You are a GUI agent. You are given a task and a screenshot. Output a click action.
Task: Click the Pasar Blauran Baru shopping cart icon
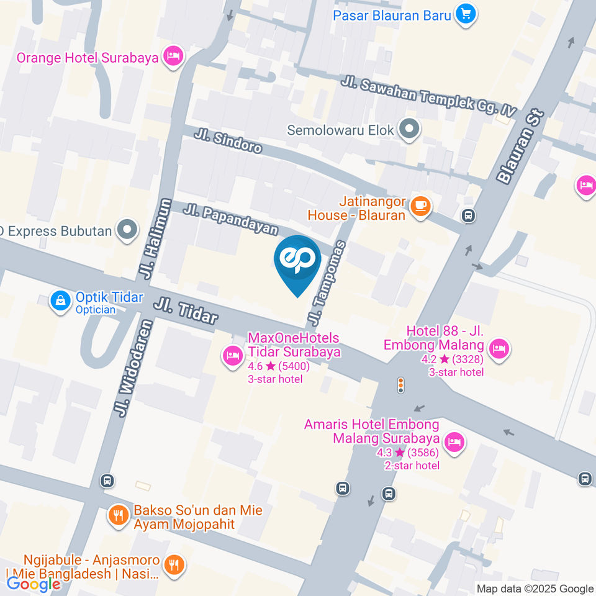pos(466,14)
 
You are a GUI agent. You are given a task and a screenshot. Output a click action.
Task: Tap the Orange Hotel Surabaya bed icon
pos(173,57)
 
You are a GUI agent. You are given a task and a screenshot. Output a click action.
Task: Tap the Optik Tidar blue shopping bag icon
pos(60,302)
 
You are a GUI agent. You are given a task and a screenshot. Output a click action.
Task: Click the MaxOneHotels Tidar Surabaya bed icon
pos(232,356)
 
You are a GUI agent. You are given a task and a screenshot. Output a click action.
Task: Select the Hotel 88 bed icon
pos(499,348)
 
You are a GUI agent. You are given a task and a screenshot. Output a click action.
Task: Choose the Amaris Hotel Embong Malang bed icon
pos(455,442)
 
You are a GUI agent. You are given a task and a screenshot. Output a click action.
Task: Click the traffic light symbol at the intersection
pos(400,385)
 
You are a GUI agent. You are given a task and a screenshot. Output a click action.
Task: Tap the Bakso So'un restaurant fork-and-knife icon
pos(117,515)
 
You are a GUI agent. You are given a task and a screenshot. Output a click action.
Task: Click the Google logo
pos(33,584)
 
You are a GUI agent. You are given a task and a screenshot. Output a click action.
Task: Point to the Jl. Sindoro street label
pos(228,142)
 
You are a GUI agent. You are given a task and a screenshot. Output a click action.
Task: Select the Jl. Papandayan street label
pos(230,219)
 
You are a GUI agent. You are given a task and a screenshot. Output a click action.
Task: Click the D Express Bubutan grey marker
pos(128,230)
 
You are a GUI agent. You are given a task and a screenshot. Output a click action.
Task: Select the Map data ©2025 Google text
pos(535,589)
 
